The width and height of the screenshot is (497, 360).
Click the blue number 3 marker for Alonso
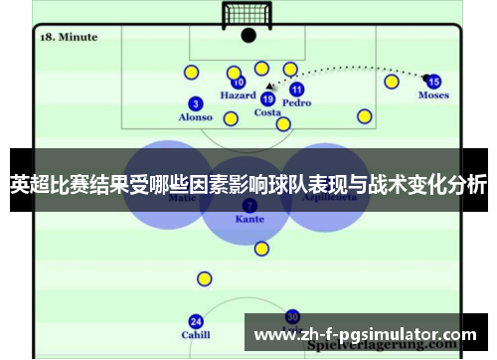[x=195, y=103]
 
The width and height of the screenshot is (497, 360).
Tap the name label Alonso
[x=195, y=117]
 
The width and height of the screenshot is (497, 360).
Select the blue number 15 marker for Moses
[x=433, y=82]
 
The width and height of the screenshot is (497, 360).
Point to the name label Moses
[x=433, y=95]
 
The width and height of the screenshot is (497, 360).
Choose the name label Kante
[x=248, y=219]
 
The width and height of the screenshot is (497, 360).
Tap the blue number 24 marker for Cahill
[x=196, y=321]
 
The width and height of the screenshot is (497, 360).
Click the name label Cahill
[x=196, y=335]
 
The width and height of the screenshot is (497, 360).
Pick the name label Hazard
[x=238, y=96]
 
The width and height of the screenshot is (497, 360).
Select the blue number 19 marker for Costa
[x=267, y=98]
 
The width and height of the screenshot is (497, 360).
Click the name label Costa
[x=267, y=112]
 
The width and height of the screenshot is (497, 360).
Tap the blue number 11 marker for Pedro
[x=296, y=90]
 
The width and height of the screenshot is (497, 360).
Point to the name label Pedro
[x=296, y=102]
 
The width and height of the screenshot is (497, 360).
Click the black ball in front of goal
[x=248, y=35]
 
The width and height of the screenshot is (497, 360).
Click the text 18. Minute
[x=68, y=37]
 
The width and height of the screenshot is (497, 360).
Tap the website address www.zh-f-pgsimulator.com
[x=365, y=335]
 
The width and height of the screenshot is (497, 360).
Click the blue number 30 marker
[x=292, y=316]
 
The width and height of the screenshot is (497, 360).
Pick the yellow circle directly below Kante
[x=260, y=249]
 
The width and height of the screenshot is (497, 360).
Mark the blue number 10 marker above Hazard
[x=239, y=83]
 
